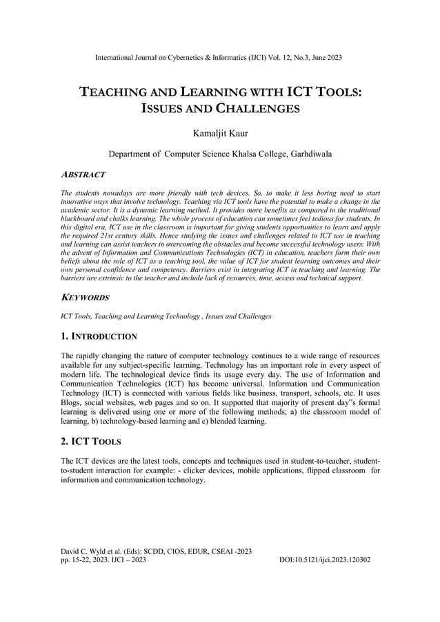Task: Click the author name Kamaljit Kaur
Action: tap(220, 131)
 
